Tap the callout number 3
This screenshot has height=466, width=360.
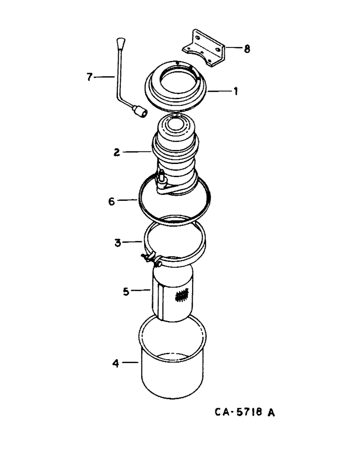[117, 242]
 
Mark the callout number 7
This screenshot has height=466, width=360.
[90, 76]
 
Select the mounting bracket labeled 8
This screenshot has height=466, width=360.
[205, 47]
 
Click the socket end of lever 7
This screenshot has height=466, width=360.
[139, 112]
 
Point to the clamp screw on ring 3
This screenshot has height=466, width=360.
[152, 259]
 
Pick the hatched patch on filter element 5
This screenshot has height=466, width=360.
[181, 295]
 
